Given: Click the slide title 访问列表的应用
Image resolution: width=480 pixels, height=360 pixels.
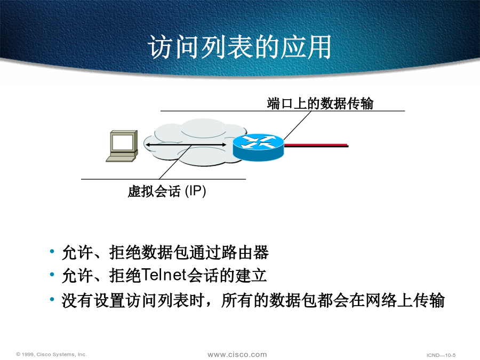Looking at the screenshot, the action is [x=239, y=46].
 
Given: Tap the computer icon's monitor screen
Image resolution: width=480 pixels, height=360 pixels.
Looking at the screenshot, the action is [x=122, y=142].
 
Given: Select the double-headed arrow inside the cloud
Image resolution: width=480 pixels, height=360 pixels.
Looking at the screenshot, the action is [x=186, y=145].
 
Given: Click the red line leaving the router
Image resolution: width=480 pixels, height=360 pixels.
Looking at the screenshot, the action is [x=316, y=145].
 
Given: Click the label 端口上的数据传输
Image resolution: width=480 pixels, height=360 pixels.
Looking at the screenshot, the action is [x=320, y=103].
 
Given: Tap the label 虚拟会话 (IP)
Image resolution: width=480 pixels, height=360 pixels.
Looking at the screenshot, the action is [x=167, y=191].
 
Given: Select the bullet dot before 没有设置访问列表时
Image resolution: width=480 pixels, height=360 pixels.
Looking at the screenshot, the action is [x=52, y=299].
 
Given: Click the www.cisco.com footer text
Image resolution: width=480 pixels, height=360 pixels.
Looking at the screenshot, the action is [x=237, y=355].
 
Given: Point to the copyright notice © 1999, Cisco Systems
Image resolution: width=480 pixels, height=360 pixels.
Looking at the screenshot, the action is [x=51, y=354].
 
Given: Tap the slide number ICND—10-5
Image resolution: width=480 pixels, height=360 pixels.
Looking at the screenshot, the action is [x=441, y=355].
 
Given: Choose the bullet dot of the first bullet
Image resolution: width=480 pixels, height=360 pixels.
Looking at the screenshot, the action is [x=52, y=251].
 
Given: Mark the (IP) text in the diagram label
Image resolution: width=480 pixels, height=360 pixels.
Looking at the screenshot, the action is [x=196, y=191].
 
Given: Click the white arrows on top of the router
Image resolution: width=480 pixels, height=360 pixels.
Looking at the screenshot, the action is [x=259, y=141].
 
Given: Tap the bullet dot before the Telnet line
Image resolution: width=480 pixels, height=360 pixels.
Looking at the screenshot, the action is [x=52, y=274].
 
